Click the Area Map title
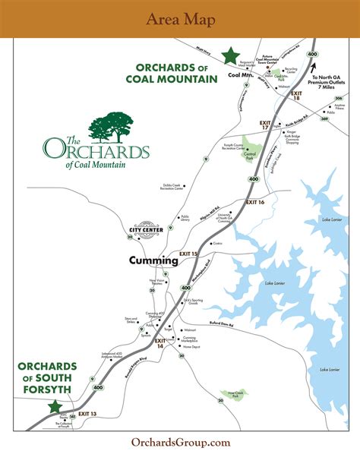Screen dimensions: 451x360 click(x=180, y=19)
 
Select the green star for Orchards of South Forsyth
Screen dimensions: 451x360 click(x=54, y=406)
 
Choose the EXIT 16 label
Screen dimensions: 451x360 click(x=254, y=203)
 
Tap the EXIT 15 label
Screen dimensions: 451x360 click(x=188, y=253)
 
